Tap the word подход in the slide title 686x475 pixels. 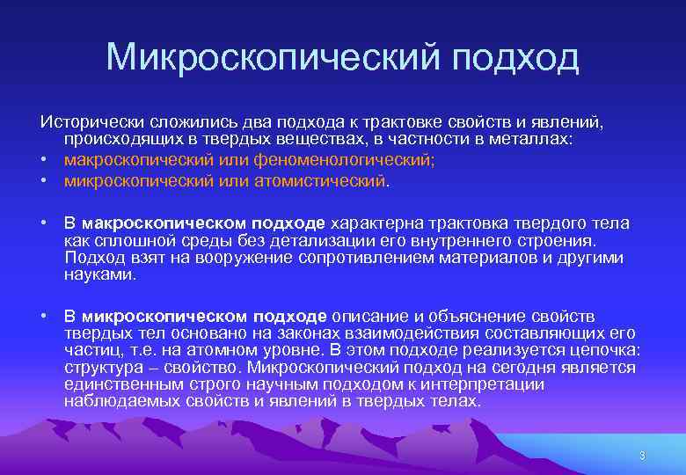[516, 58]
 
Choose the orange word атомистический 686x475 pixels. [317, 180]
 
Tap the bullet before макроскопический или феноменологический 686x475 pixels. [43, 160]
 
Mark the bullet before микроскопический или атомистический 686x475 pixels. [43, 180]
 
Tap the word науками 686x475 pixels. [100, 274]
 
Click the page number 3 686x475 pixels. [642, 455]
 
